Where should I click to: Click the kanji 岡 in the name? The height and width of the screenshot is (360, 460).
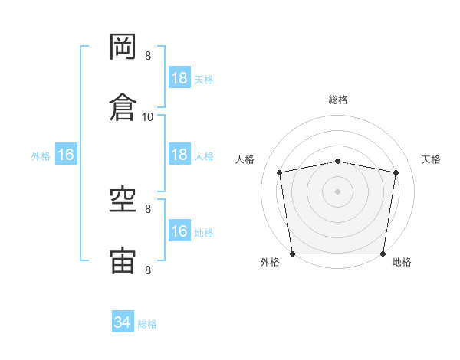pos(123,47)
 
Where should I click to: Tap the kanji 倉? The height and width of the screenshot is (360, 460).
pos(123,107)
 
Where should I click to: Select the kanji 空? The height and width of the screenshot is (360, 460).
pos(123,199)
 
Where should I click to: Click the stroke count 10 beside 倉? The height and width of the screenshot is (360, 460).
pos(147,117)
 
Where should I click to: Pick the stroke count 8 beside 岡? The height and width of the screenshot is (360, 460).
pos(148,56)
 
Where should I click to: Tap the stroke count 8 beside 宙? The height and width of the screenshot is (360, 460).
pos(148,270)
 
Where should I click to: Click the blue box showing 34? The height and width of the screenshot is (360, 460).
pos(123,321)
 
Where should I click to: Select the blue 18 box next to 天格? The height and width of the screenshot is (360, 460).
pos(180,77)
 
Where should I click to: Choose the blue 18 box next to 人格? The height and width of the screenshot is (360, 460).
pos(180,154)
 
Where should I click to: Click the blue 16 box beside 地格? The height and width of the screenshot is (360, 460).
pos(180,230)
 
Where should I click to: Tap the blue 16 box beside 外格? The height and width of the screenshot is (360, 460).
pos(66,154)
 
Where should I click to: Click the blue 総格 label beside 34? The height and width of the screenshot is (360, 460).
pos(147,324)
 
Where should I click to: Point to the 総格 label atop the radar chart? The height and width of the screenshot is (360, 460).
pos(338,100)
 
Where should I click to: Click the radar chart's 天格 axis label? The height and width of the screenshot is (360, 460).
pos(431,159)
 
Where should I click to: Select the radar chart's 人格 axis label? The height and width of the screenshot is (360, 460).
pos(245,159)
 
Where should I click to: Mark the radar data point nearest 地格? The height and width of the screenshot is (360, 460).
pos(383,254)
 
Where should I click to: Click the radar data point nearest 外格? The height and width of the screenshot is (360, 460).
pos(293,254)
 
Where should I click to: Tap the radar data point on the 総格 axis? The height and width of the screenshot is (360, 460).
pos(337,162)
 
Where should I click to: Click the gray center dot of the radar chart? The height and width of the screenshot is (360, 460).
pos(337,191)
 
